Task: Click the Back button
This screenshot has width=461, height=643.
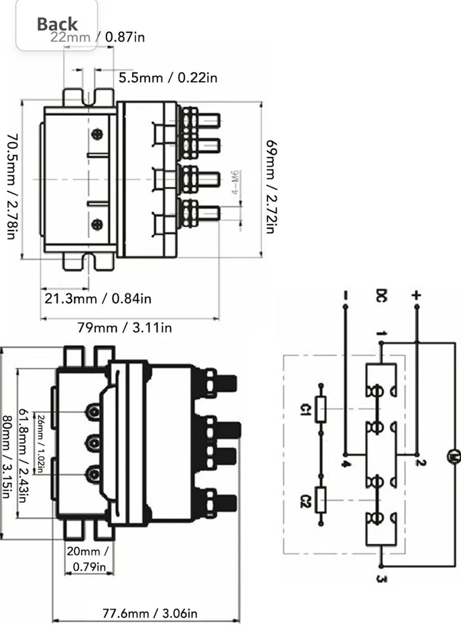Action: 57,24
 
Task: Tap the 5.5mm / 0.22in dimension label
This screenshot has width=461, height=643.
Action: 168,78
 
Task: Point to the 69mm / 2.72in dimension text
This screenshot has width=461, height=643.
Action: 269,186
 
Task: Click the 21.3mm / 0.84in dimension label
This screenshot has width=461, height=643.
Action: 98,298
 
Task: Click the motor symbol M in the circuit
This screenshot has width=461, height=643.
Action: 454,457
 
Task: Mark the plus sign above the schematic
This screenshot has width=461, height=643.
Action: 416,295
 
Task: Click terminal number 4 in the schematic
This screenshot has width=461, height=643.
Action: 344,463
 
